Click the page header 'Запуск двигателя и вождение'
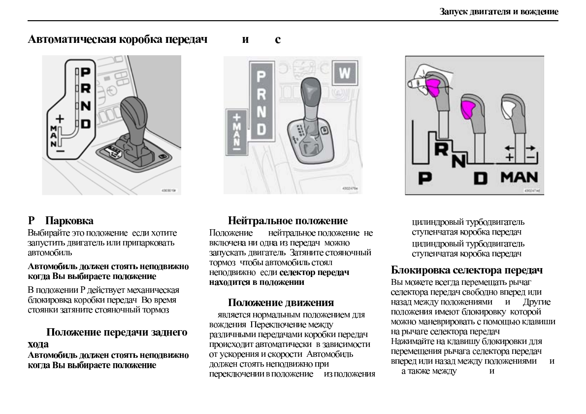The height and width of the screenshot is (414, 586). click(499, 11)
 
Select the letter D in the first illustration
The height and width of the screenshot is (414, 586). click(85, 124)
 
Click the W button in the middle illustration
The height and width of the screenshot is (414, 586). click(345, 73)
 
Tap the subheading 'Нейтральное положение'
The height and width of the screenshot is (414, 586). click(288, 220)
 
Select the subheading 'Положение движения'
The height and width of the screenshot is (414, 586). click(281, 302)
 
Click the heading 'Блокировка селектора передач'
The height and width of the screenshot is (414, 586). click(467, 270)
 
